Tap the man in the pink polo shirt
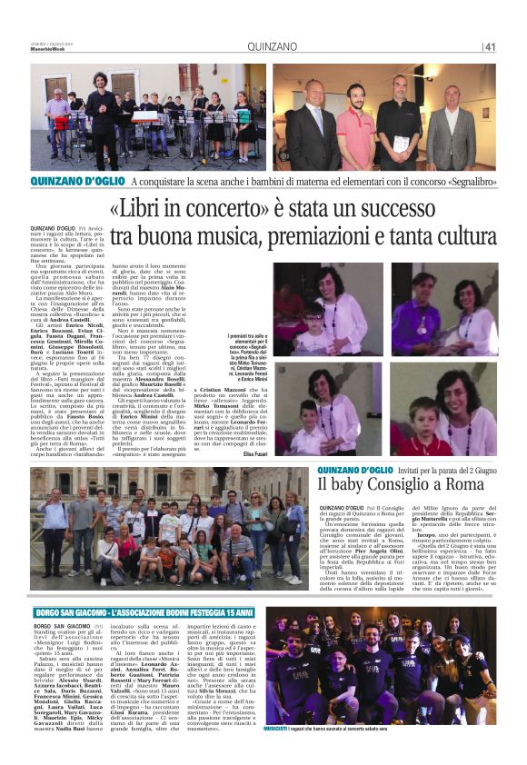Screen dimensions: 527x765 (355, 128)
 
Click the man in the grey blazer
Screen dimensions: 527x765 (451, 127)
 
